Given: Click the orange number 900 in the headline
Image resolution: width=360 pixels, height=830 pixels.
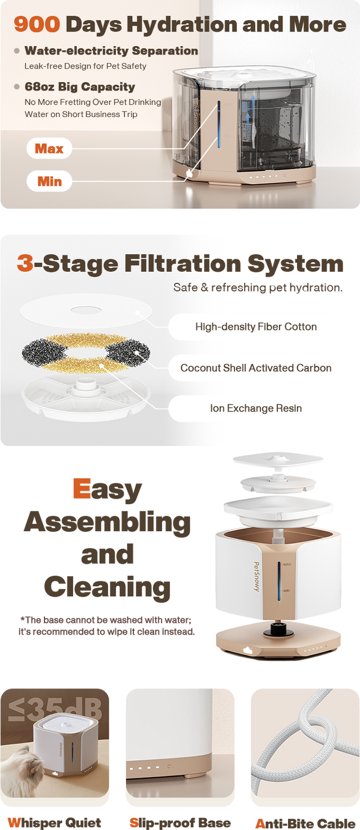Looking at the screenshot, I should click(x=37, y=24).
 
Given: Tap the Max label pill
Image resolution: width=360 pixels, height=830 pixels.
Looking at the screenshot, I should click(x=49, y=149).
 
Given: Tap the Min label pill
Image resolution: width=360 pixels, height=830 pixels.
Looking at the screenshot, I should click(x=49, y=181).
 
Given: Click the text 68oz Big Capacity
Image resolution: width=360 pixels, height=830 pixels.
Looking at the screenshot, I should click(x=80, y=87).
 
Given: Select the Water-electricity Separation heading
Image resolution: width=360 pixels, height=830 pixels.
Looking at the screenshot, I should click(x=111, y=51).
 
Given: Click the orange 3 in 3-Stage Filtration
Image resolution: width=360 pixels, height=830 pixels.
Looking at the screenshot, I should click(x=25, y=263).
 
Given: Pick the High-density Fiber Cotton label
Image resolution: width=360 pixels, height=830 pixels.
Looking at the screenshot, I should click(x=256, y=326).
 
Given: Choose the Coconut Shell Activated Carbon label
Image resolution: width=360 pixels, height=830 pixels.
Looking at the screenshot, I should click(x=256, y=367).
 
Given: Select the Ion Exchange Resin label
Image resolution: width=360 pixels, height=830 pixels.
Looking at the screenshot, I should click(x=256, y=409).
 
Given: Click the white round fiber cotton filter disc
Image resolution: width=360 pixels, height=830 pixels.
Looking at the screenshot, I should click(x=85, y=311).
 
